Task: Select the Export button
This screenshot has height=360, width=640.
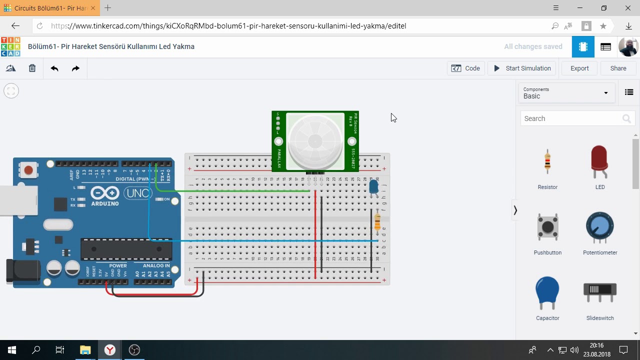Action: (x=579, y=68)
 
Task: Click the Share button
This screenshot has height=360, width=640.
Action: (x=618, y=68)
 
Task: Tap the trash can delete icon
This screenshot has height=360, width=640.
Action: (x=32, y=68)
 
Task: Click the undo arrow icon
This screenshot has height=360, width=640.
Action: (x=54, y=68)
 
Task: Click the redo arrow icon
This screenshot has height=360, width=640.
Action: (x=75, y=68)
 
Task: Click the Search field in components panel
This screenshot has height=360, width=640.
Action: (x=570, y=118)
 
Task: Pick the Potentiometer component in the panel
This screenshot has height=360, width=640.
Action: (x=599, y=228)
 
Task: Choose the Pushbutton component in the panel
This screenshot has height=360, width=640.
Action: (x=547, y=228)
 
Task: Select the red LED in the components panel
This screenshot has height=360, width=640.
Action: (x=599, y=161)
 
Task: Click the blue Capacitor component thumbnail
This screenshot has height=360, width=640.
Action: (x=547, y=292)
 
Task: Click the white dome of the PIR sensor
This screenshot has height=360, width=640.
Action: (x=315, y=141)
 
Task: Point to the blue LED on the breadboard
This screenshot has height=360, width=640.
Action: (x=373, y=187)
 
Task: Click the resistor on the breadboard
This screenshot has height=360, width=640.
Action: (x=377, y=221)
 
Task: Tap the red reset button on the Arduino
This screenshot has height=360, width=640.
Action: (x=28, y=170)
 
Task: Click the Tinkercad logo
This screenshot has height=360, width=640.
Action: (x=10, y=46)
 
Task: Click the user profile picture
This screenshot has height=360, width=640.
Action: (x=628, y=46)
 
